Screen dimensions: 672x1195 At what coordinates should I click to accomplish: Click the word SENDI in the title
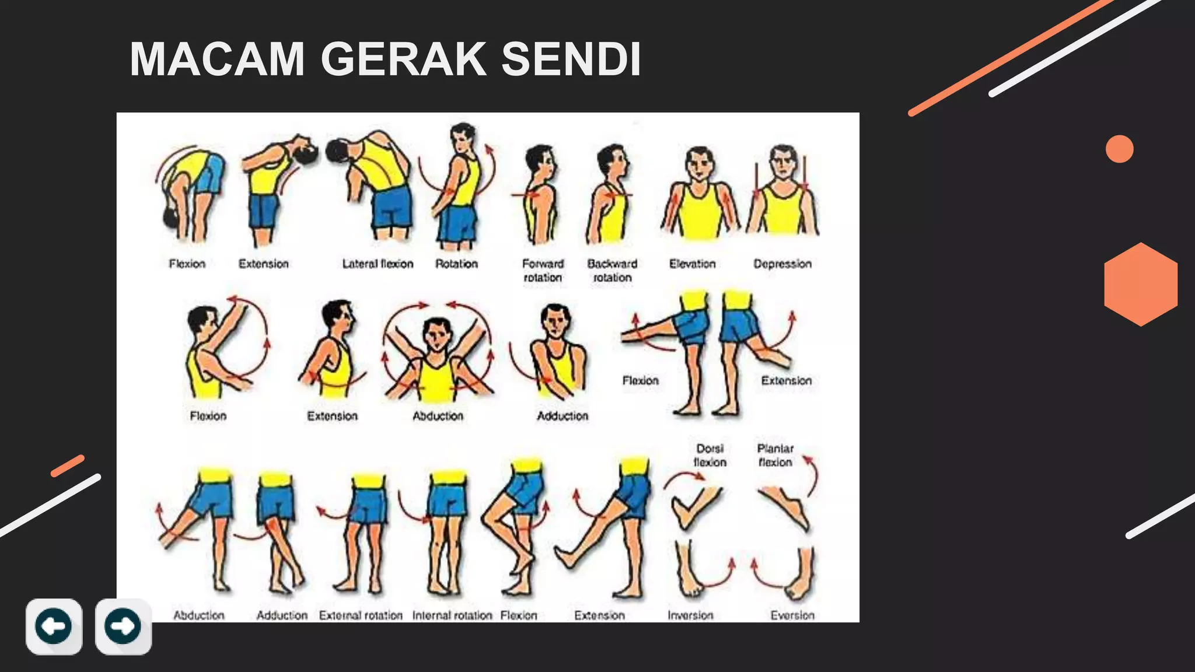tap(571, 59)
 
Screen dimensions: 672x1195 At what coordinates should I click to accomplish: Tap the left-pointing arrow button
tap(54, 626)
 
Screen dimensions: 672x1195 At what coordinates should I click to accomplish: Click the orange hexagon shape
tap(1140, 284)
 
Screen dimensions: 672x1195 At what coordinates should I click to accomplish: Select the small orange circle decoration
tap(1119, 149)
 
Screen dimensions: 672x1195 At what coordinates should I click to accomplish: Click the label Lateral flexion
tap(378, 264)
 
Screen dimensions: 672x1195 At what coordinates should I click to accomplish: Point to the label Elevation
tap(692, 264)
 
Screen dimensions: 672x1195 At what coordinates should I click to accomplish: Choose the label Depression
tap(782, 264)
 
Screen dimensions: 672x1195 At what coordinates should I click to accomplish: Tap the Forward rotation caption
tap(543, 271)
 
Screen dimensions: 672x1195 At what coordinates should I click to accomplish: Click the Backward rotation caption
tap(612, 271)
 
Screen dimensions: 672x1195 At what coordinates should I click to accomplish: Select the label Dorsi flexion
tap(710, 455)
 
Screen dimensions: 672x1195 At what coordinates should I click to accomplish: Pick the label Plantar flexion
tap(775, 455)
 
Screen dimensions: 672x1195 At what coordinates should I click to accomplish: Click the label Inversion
tap(690, 615)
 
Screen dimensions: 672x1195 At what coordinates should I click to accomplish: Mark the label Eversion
tap(792, 615)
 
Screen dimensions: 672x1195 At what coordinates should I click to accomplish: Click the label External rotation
tap(361, 615)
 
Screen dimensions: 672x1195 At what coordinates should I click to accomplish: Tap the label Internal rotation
tap(452, 615)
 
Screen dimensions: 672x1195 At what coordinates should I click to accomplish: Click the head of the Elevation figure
tap(699, 163)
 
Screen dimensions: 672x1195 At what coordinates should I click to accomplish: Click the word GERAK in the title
tap(403, 59)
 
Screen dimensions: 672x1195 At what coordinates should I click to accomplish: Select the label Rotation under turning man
tap(456, 264)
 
